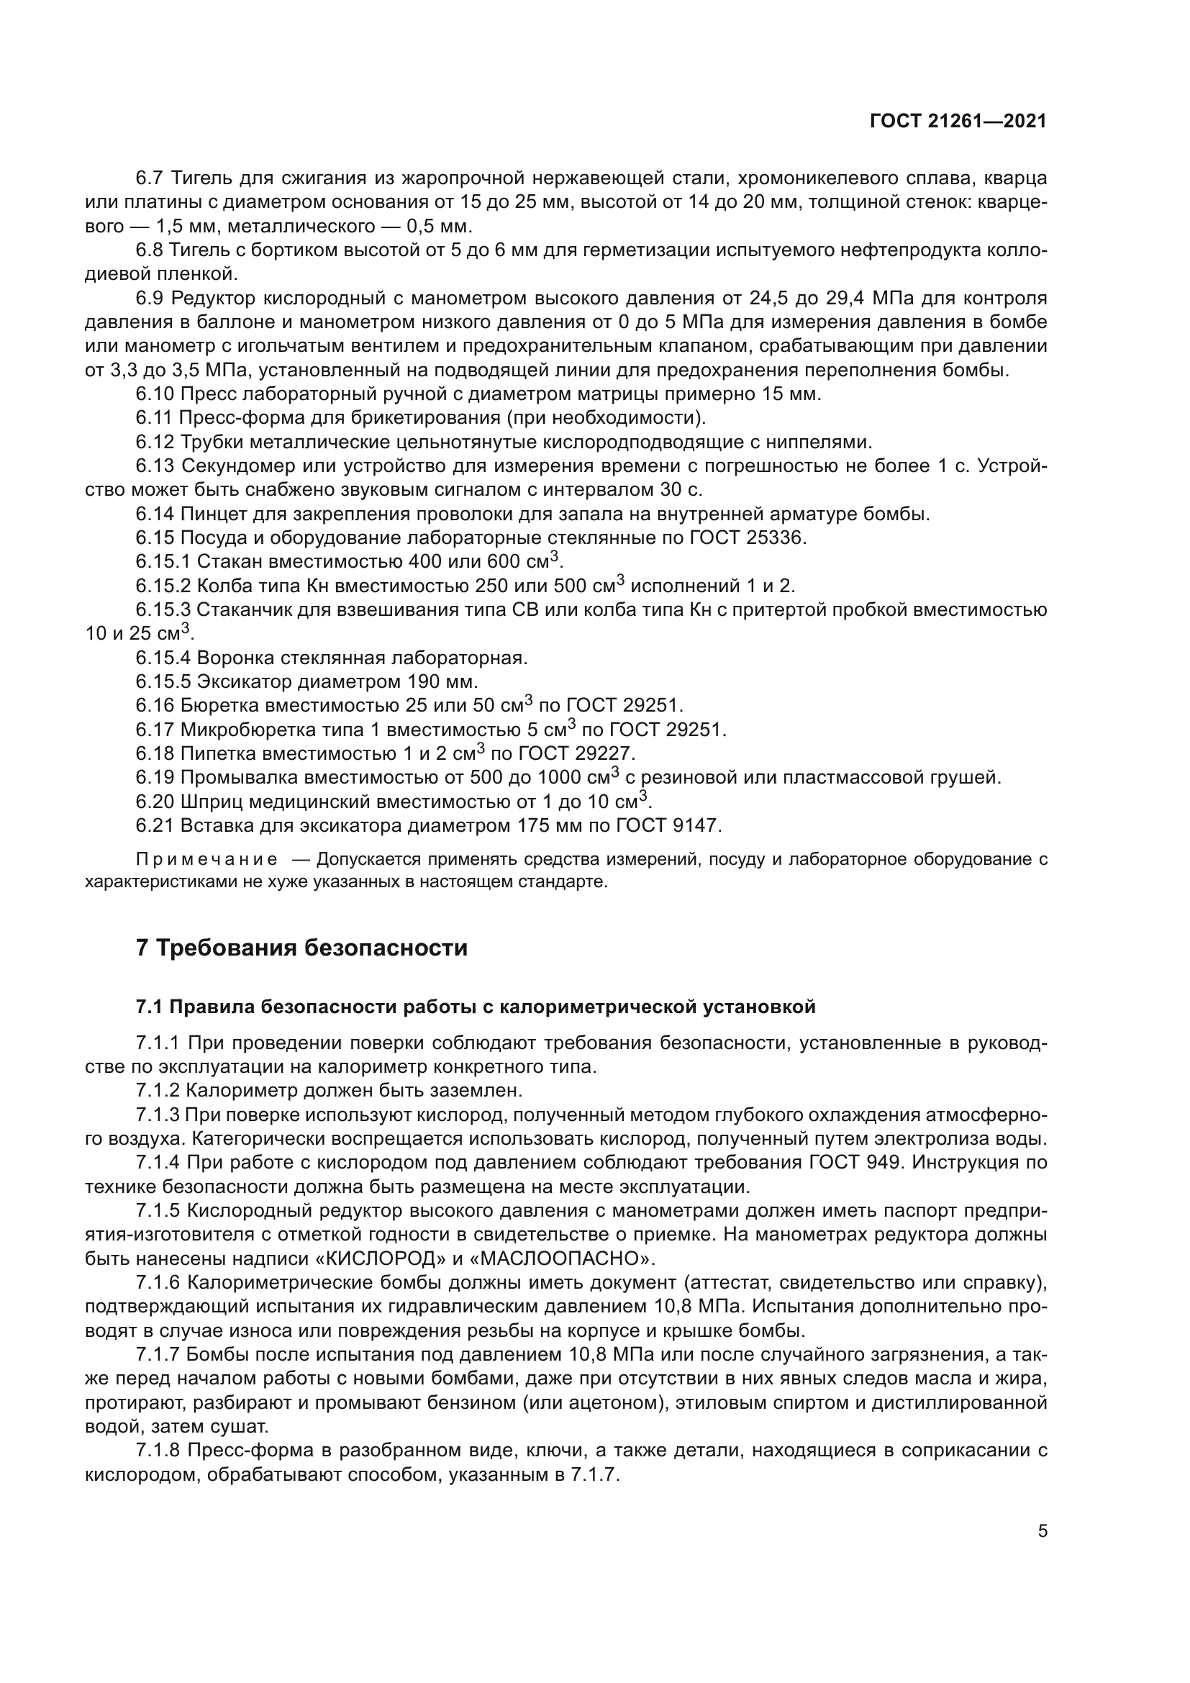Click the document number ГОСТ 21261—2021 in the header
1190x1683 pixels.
click(958, 121)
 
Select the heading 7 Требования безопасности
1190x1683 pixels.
click(301, 948)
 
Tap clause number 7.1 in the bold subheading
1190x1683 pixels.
click(150, 1007)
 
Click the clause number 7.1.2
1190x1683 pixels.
click(158, 1091)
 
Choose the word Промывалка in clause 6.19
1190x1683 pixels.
click(240, 778)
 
